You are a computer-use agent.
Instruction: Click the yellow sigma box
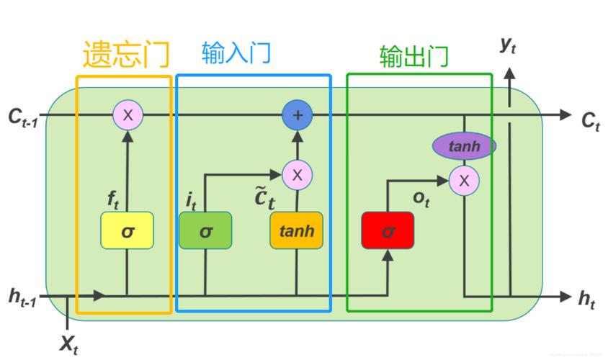[127, 231]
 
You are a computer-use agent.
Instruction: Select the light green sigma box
[205, 231]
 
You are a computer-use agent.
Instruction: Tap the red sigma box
[388, 231]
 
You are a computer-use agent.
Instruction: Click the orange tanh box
[296, 231]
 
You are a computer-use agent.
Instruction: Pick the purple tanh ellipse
[464, 146]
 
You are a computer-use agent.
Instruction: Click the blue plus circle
[296, 114]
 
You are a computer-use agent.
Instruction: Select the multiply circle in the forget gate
[128, 114]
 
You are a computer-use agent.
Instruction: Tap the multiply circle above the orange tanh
[296, 174]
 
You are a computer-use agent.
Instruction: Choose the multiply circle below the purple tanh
[464, 181]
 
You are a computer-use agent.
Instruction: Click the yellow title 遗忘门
[126, 55]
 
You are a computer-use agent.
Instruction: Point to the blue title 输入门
[236, 53]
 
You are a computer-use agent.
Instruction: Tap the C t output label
[591, 121]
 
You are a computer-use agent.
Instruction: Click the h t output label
[587, 300]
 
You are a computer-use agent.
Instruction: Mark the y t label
[508, 45]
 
